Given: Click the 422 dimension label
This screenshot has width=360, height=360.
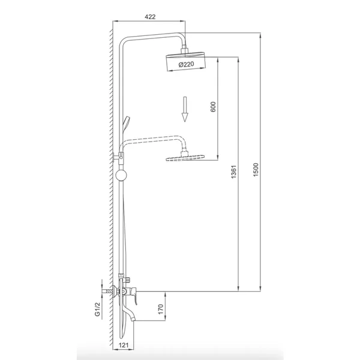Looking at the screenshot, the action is [150, 17].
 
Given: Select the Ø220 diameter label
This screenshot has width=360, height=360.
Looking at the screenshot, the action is [186, 64].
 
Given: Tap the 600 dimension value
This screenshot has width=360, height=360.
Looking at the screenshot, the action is [213, 107].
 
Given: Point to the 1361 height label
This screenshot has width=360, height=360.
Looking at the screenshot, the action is [233, 172].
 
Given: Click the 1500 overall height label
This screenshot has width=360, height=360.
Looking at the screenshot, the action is [256, 170].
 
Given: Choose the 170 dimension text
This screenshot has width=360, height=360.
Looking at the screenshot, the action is [161, 309].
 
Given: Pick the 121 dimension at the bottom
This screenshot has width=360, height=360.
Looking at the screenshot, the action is [124, 345].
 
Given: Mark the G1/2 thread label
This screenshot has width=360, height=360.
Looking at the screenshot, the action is [98, 309].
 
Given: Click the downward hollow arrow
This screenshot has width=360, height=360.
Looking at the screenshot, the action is [185, 109].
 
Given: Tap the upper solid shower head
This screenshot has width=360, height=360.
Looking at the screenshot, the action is [185, 61].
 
